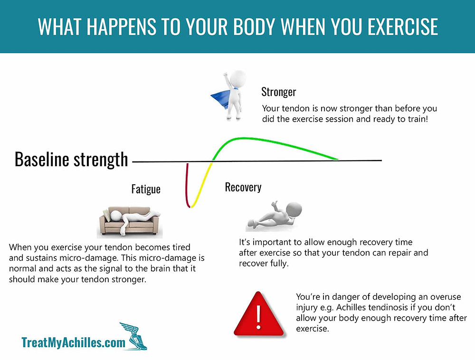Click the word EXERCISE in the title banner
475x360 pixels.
click(x=403, y=27)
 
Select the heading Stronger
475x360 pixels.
click(x=279, y=92)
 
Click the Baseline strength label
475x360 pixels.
click(x=71, y=159)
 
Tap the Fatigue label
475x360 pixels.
click(x=146, y=189)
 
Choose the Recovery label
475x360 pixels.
click(x=243, y=187)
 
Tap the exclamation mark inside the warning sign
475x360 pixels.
click(x=258, y=316)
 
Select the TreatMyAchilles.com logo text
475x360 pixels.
click(x=73, y=342)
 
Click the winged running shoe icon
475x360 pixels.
click(x=133, y=336)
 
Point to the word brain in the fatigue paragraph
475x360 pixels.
click(x=160, y=268)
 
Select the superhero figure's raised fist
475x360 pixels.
click(x=225, y=75)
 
